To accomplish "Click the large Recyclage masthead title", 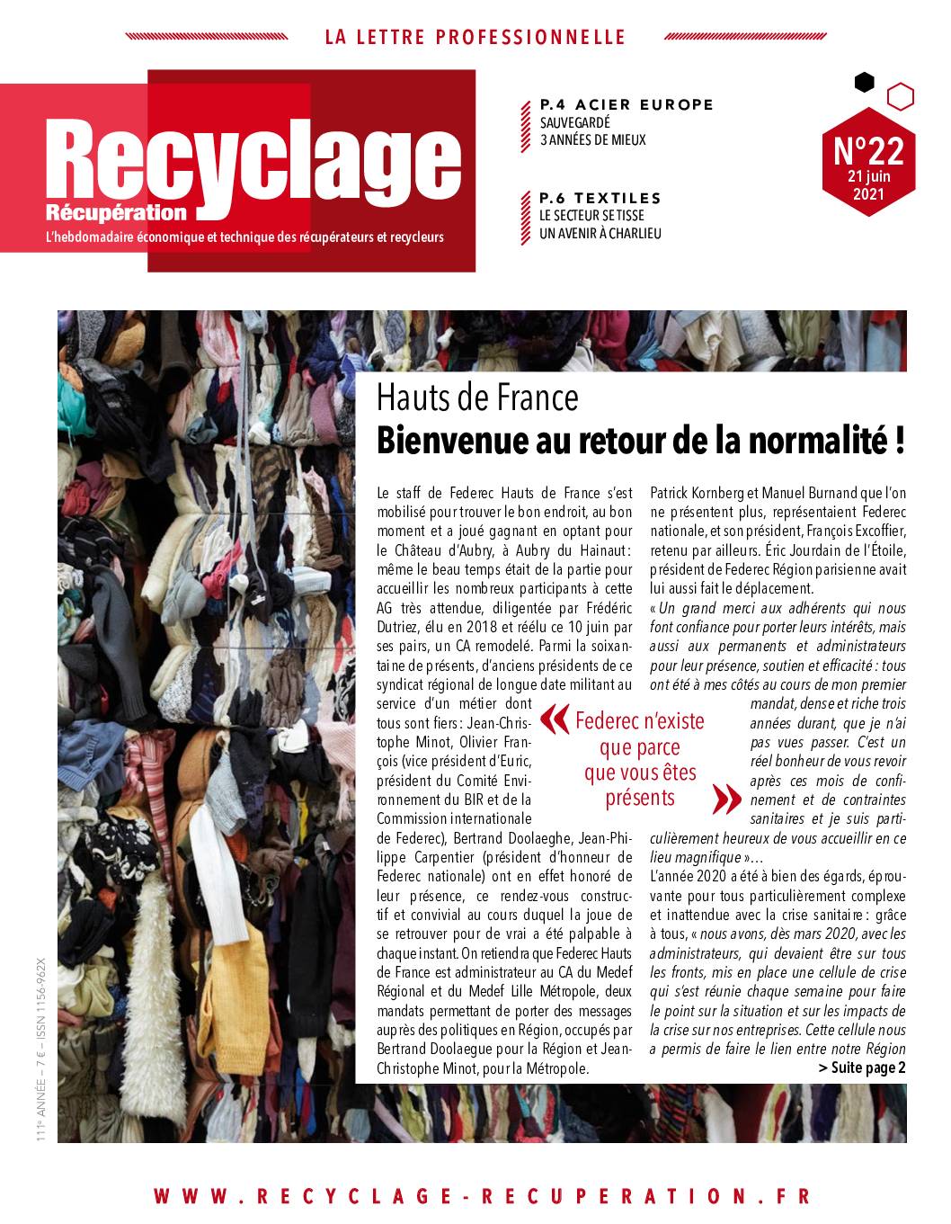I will tap(256, 162).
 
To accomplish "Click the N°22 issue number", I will tap(867, 150).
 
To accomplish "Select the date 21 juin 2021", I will tap(867, 185).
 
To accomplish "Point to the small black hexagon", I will tap(864, 83).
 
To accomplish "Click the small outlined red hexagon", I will tap(900, 95).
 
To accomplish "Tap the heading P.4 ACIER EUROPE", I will tap(626, 105).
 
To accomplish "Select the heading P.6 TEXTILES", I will tap(600, 198).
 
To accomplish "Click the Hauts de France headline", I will tap(477, 397).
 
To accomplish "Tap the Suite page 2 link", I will tap(862, 1068).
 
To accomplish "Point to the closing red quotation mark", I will tap(721, 797).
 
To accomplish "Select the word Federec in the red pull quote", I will tap(608, 721).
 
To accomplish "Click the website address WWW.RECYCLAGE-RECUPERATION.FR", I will tap(482, 1196).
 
